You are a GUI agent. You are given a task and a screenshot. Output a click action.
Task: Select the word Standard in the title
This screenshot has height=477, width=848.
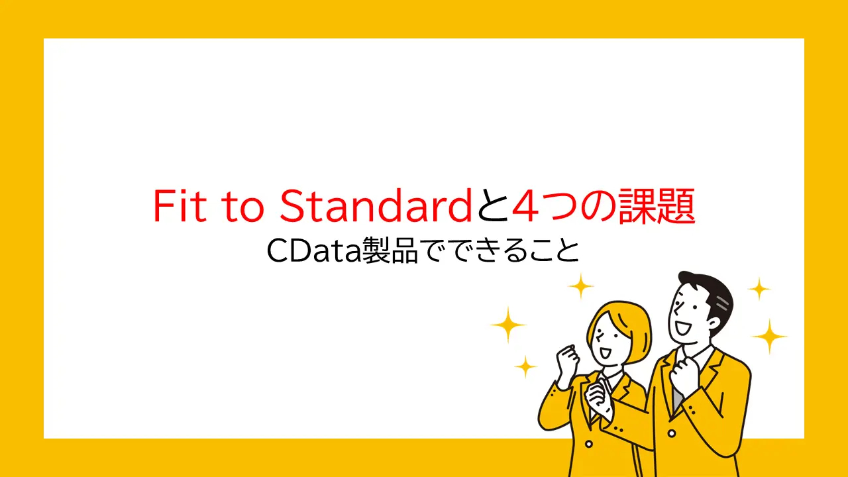tap(374, 206)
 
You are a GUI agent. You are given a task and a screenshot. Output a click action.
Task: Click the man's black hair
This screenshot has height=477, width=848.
tap(706, 291)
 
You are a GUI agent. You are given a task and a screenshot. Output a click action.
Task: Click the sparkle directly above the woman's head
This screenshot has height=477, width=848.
tap(581, 286)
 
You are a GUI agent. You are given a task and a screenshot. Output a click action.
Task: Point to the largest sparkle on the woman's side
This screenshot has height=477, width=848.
tap(508, 325)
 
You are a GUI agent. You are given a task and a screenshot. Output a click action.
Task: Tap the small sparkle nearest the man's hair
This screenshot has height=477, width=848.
tap(759, 289)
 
